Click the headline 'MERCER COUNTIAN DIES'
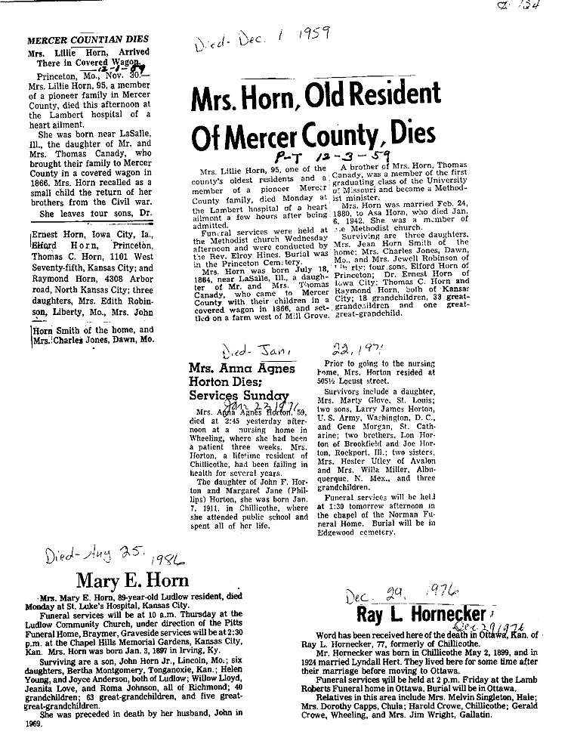[88, 39]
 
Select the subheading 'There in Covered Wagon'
[91, 63]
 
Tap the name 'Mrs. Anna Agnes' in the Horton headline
[224, 369]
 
